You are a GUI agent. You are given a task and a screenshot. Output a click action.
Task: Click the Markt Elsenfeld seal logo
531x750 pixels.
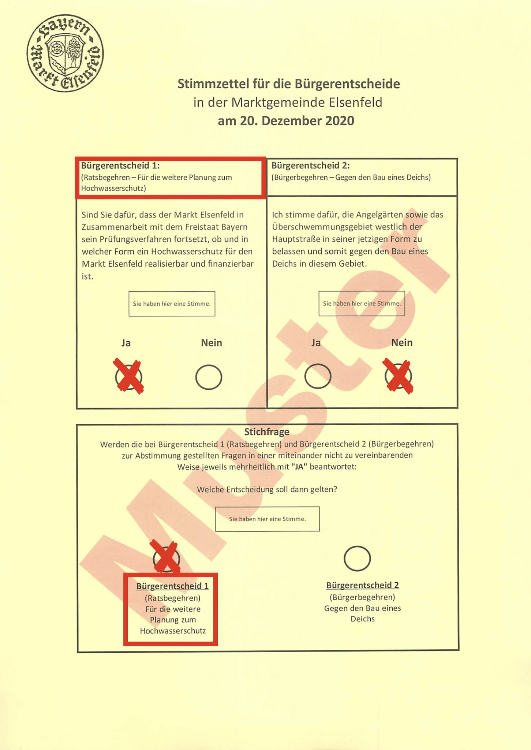click(x=65, y=53)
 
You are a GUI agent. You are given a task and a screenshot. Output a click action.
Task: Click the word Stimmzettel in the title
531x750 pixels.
click(x=212, y=84)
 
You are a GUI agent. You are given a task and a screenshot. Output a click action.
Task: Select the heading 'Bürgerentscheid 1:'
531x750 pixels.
click(x=120, y=166)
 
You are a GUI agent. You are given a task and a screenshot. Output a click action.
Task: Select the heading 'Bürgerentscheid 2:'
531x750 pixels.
click(x=310, y=166)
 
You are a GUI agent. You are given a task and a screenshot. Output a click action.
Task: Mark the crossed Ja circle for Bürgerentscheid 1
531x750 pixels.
click(x=128, y=377)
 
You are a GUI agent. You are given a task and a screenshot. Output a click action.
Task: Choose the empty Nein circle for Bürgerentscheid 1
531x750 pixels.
click(x=209, y=377)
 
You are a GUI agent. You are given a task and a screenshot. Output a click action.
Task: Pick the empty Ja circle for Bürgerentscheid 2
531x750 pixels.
click(x=318, y=376)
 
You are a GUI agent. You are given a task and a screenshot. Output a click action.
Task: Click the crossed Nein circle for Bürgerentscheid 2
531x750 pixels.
click(x=398, y=376)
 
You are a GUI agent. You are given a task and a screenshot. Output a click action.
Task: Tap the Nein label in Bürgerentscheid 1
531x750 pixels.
click(x=212, y=343)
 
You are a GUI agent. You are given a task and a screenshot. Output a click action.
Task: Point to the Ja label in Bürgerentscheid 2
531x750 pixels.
click(x=316, y=343)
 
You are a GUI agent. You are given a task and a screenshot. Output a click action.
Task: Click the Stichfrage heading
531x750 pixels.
click(x=267, y=432)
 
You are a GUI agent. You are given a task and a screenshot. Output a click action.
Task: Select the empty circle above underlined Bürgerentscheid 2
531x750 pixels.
click(x=357, y=558)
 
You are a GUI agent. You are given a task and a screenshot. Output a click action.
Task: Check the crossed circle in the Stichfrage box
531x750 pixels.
click(x=167, y=558)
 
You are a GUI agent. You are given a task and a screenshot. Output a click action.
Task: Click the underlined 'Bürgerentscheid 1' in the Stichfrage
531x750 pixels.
click(x=172, y=586)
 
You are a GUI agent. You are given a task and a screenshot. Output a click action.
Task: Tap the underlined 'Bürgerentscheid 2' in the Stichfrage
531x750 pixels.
click(x=362, y=585)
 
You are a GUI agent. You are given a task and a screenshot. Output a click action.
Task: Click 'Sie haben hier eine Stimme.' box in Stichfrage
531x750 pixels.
click(x=267, y=519)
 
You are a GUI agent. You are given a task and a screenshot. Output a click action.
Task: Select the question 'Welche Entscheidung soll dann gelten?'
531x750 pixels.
click(x=267, y=490)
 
